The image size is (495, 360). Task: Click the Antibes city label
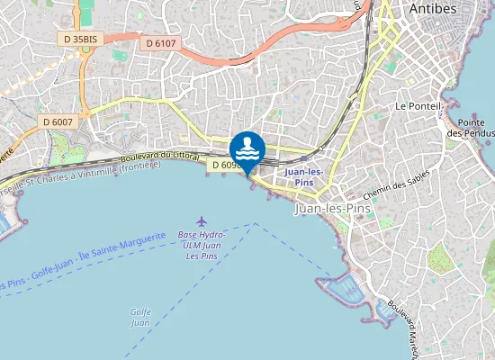click(x=433, y=8)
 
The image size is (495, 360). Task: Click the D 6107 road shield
click(x=161, y=42)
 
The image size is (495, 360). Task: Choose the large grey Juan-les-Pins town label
click(x=333, y=209)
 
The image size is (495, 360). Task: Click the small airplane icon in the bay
click(x=201, y=221)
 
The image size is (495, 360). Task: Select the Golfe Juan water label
click(x=139, y=317)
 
